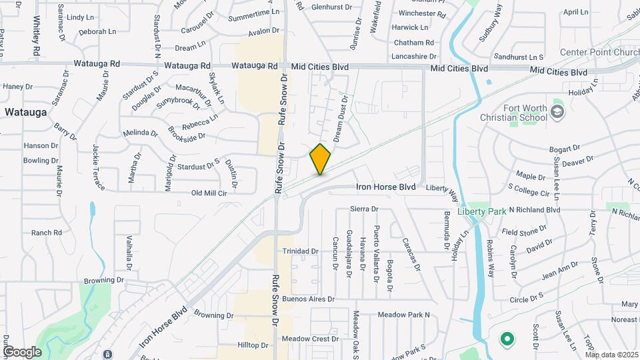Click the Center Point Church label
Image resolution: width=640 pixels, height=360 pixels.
pos(599,52)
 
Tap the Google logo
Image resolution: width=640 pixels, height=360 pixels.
pos(22,351)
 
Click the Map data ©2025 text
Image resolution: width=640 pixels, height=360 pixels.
pos(611,355)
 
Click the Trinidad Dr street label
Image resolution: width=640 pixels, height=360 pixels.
pos(301,251)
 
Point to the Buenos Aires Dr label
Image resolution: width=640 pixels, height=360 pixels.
pos(307,299)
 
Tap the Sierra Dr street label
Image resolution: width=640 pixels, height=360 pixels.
pos(364,209)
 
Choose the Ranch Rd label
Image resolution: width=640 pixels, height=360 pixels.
pos(46,233)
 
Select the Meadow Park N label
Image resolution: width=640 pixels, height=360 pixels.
pos(403,314)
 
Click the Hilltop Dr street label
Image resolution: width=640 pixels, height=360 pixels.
pos(252,345)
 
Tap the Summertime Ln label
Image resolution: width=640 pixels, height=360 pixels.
pos(253,13)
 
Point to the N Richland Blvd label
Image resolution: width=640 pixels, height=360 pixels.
pos(534,209)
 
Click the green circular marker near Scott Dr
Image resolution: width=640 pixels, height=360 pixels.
pos(507,339)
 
